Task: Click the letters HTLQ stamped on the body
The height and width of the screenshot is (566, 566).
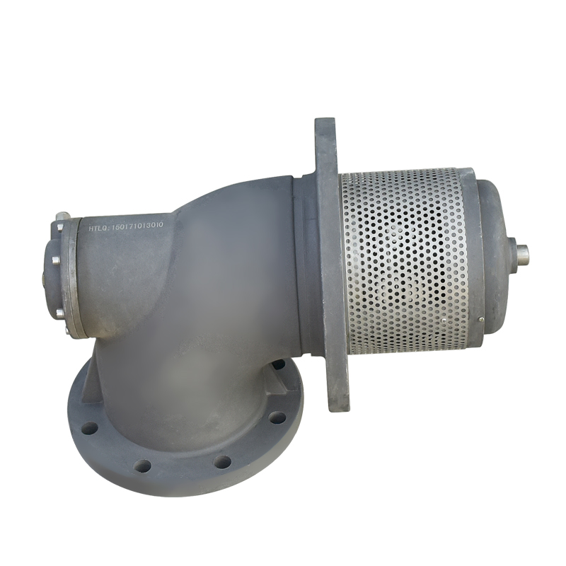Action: pyautogui.click(x=96, y=227)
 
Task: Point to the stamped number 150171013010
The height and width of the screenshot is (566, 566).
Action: pyautogui.click(x=139, y=226)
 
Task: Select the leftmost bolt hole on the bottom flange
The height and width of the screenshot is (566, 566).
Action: pyautogui.click(x=90, y=429)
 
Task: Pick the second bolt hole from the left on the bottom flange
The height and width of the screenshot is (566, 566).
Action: pyautogui.click(x=143, y=466)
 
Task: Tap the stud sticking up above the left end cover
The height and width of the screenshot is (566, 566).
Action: pyautogui.click(x=63, y=215)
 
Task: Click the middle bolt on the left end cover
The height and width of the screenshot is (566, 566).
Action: pyautogui.click(x=56, y=260)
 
